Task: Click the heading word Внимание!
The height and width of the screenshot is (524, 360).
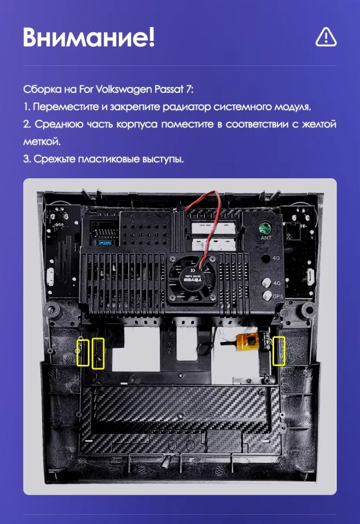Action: (89, 37)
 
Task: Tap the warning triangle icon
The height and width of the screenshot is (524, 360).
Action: (325, 37)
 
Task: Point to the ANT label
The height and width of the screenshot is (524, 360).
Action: (266, 238)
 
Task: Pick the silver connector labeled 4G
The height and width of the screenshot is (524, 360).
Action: (266, 282)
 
